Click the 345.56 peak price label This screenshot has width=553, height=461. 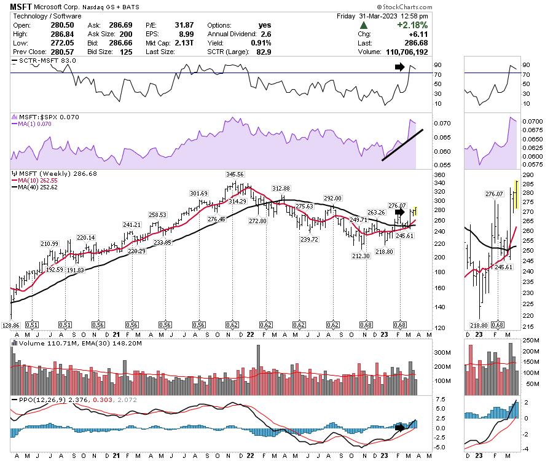coord(235,175)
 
